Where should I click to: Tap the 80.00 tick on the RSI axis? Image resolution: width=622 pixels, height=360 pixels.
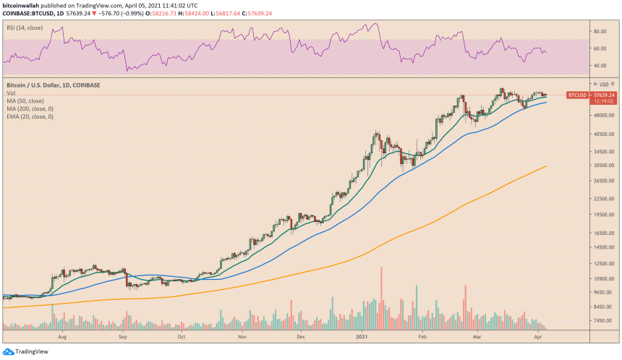pyautogui.click(x=599, y=32)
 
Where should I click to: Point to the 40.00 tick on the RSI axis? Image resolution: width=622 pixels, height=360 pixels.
pyautogui.click(x=599, y=66)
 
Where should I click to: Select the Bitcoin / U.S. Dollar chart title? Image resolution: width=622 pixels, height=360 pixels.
pyautogui.click(x=54, y=85)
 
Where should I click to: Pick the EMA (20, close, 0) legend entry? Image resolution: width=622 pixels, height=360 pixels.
pyautogui.click(x=30, y=116)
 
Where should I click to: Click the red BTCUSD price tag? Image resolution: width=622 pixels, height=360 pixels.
pyautogui.click(x=577, y=95)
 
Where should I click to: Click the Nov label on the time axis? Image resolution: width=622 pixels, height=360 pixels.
pyautogui.click(x=242, y=336)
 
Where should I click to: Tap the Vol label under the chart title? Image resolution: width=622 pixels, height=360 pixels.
pyautogui.click(x=11, y=93)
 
